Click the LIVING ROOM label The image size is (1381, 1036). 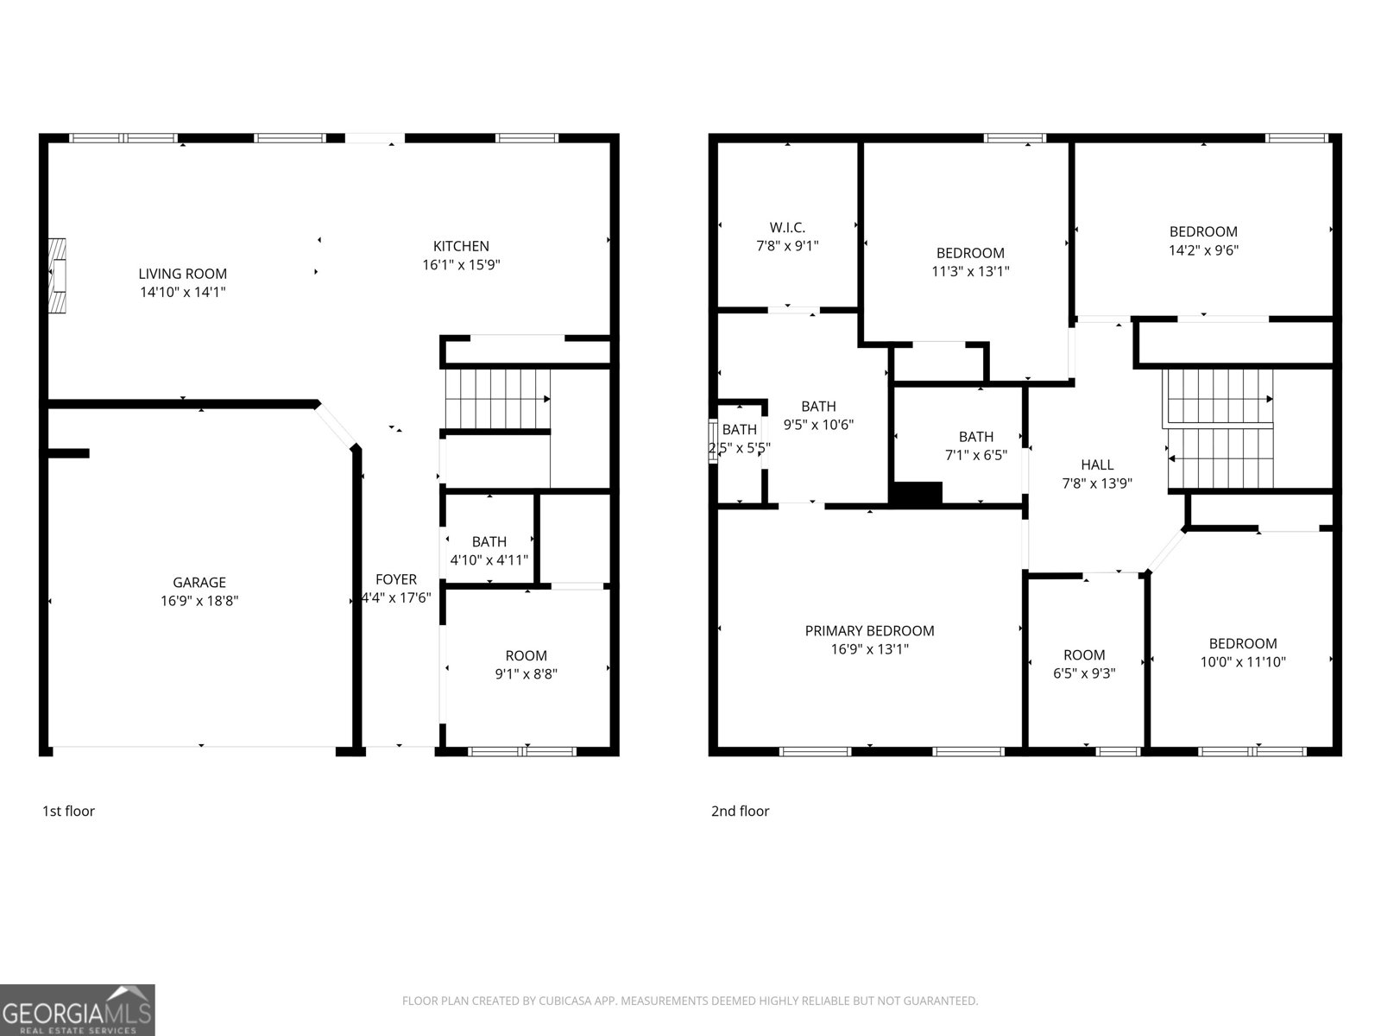(183, 274)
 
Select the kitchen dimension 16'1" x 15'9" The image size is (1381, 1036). (461, 265)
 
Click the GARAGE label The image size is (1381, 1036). (199, 583)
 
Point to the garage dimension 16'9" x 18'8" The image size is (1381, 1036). (199, 601)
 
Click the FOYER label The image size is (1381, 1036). (396, 579)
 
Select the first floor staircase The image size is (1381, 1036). (496, 399)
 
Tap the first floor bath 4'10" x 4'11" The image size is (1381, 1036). (489, 551)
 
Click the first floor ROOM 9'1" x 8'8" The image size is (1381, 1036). (526, 665)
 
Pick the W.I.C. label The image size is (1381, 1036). (787, 227)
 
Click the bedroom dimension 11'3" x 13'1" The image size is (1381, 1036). (970, 271)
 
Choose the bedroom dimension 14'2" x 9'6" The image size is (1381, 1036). (1203, 250)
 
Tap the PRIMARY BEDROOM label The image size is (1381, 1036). (869, 631)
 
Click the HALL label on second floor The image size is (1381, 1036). (1097, 464)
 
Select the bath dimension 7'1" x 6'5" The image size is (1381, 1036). (975, 455)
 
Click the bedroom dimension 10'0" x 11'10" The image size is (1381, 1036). (1243, 662)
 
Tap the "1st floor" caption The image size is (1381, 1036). (68, 811)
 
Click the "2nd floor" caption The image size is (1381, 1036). (740, 811)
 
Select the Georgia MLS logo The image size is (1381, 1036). (78, 1010)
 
